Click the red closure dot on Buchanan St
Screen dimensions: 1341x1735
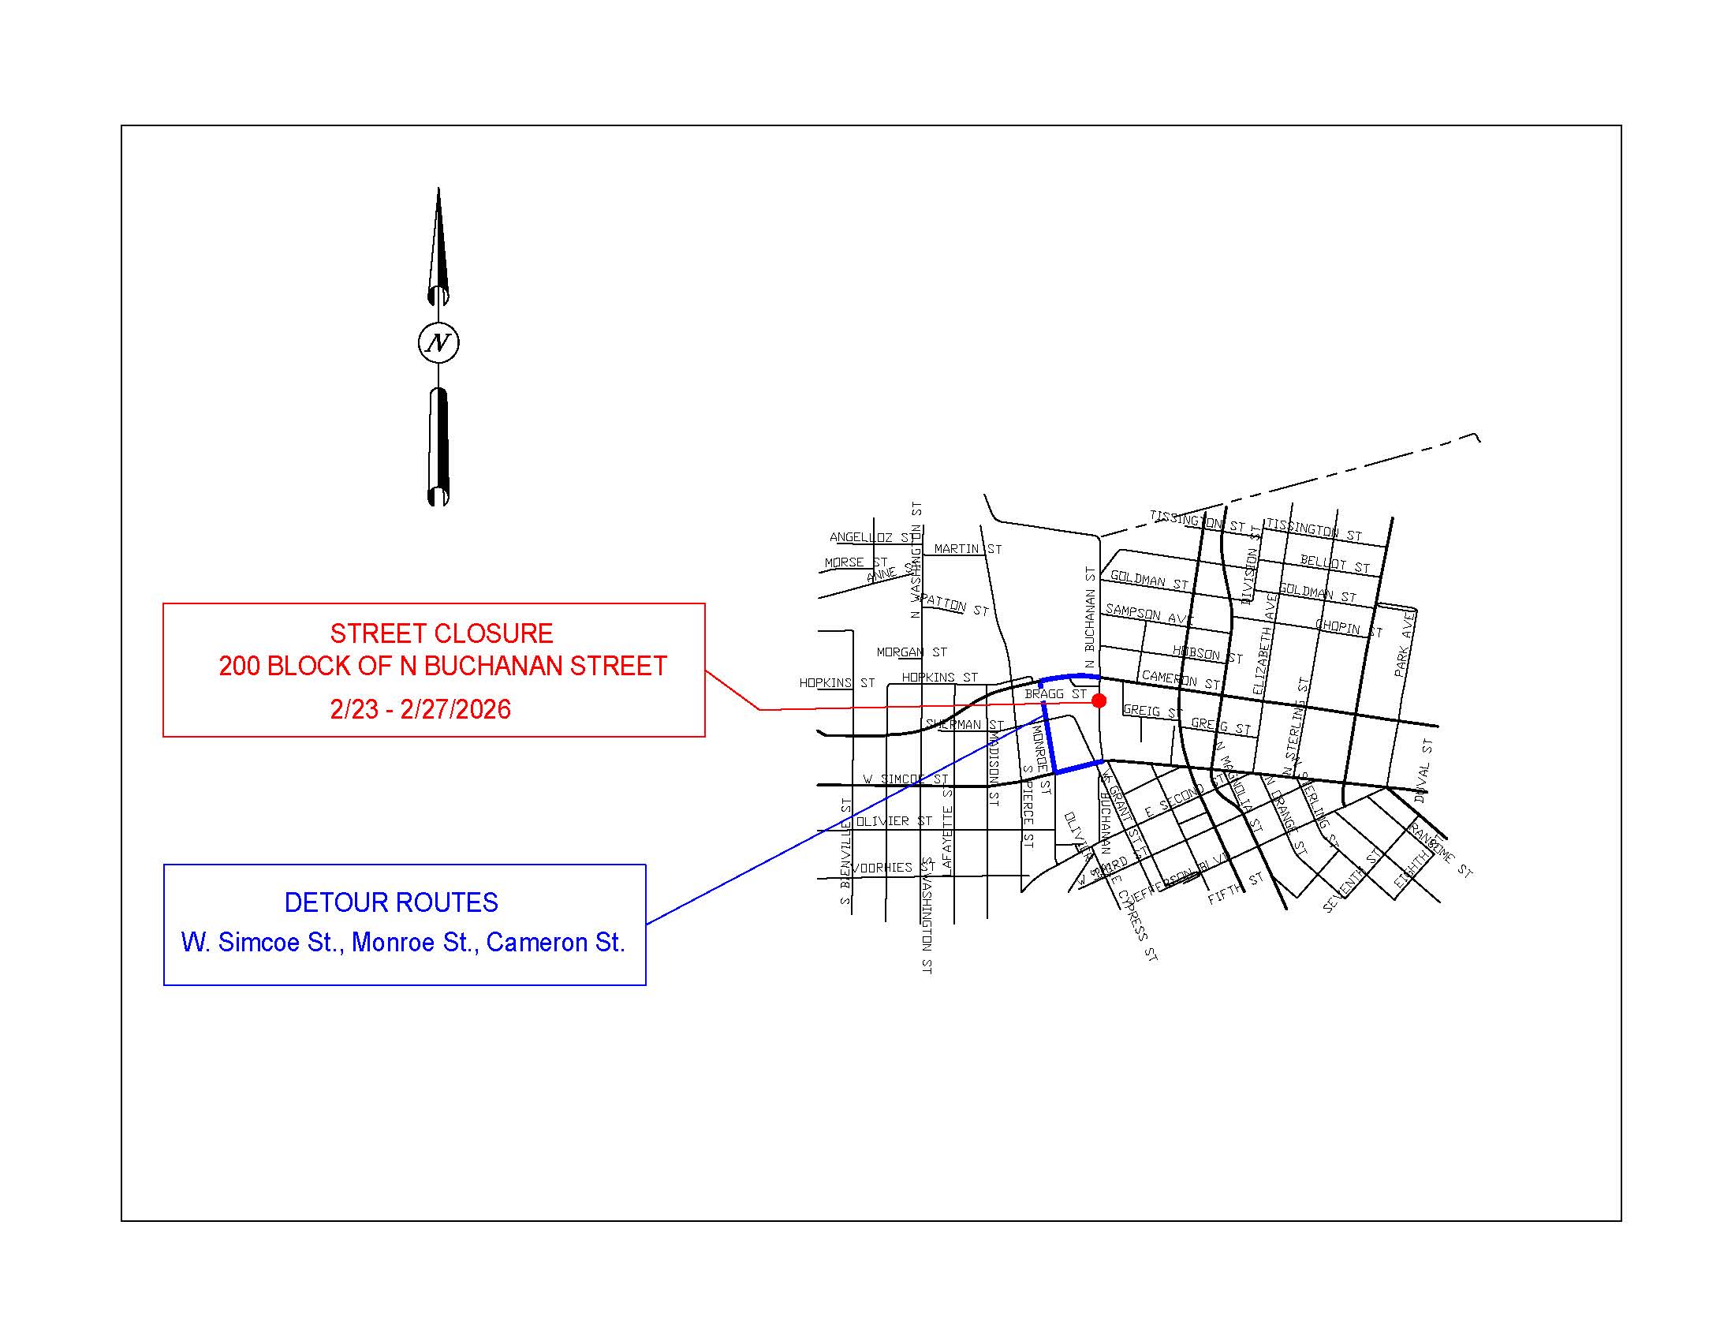(x=1099, y=700)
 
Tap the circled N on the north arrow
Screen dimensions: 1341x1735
(x=438, y=343)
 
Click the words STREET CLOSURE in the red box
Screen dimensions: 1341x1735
(x=442, y=633)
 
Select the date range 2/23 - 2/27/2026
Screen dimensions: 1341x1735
(x=420, y=709)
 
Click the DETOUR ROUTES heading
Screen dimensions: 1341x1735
(x=391, y=902)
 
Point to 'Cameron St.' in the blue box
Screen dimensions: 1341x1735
(x=555, y=942)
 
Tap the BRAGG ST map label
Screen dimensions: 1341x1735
(x=1055, y=694)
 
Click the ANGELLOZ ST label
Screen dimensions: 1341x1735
(x=874, y=537)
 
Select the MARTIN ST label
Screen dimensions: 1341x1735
(x=968, y=549)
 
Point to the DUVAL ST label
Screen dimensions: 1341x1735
(x=1423, y=771)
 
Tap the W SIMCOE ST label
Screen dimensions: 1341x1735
(x=905, y=779)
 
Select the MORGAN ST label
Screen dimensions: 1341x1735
(x=911, y=652)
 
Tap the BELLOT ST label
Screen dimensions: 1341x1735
(x=1334, y=564)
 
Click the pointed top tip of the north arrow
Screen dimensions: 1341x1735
(x=438, y=189)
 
